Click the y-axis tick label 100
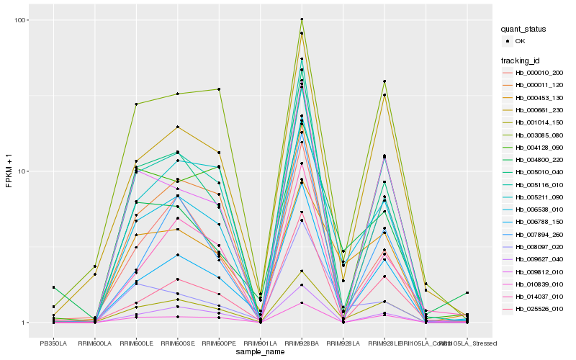click(22, 19)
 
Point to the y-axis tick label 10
click(24, 171)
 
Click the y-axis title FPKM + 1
click(9, 171)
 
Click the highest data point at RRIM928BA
click(302, 19)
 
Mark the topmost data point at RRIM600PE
click(219, 89)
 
